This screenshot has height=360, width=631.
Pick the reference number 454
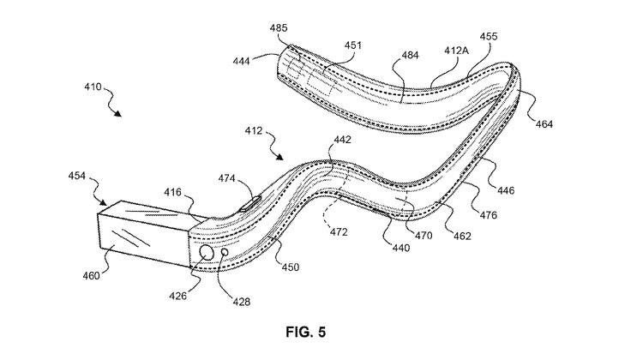[x=78, y=175]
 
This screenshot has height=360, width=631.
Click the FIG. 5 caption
[x=304, y=331]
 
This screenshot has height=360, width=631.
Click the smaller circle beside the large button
[x=225, y=253]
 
